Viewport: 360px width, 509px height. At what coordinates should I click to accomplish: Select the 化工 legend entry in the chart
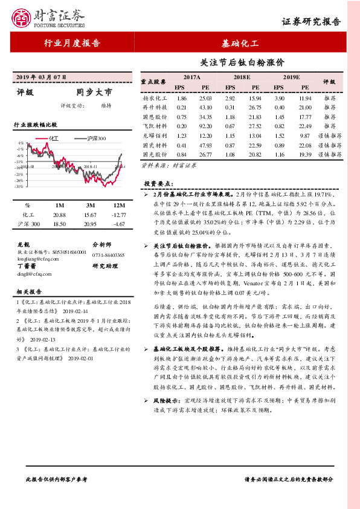53,138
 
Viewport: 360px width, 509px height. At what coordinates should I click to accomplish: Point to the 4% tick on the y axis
21,143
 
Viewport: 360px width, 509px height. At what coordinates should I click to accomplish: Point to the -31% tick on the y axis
20,186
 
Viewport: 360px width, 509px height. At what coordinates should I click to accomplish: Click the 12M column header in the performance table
118,206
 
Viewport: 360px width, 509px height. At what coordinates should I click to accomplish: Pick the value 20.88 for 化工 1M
59,215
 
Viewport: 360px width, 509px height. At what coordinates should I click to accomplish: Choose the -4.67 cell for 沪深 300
118,224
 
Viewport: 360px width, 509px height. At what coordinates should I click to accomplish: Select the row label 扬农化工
155,97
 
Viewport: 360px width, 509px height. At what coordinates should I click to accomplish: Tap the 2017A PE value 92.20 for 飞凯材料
205,126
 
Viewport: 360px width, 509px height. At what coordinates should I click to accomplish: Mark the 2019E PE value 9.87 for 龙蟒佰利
305,135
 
